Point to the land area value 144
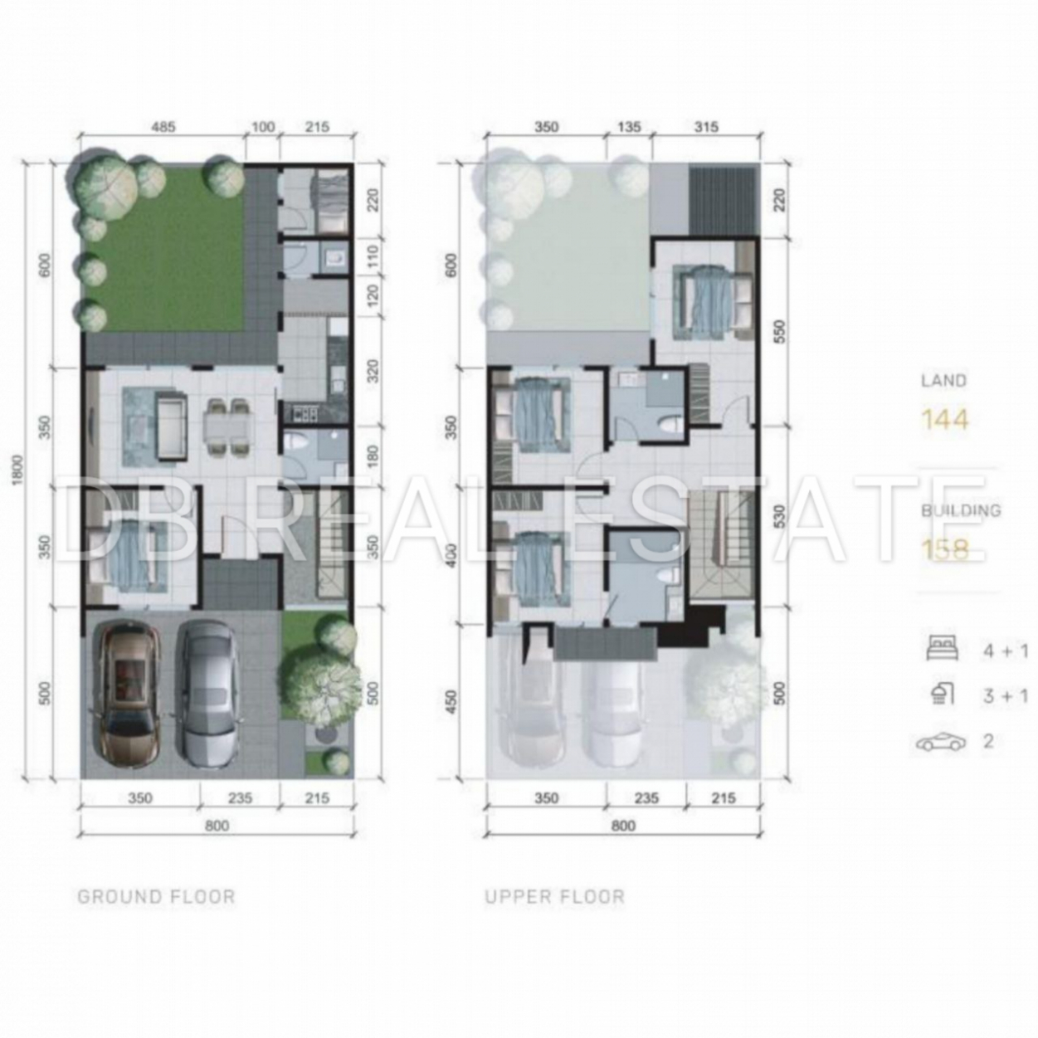945,420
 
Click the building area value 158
945,550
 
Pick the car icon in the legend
940,743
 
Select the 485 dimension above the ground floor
162,128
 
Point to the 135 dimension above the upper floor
629,128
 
